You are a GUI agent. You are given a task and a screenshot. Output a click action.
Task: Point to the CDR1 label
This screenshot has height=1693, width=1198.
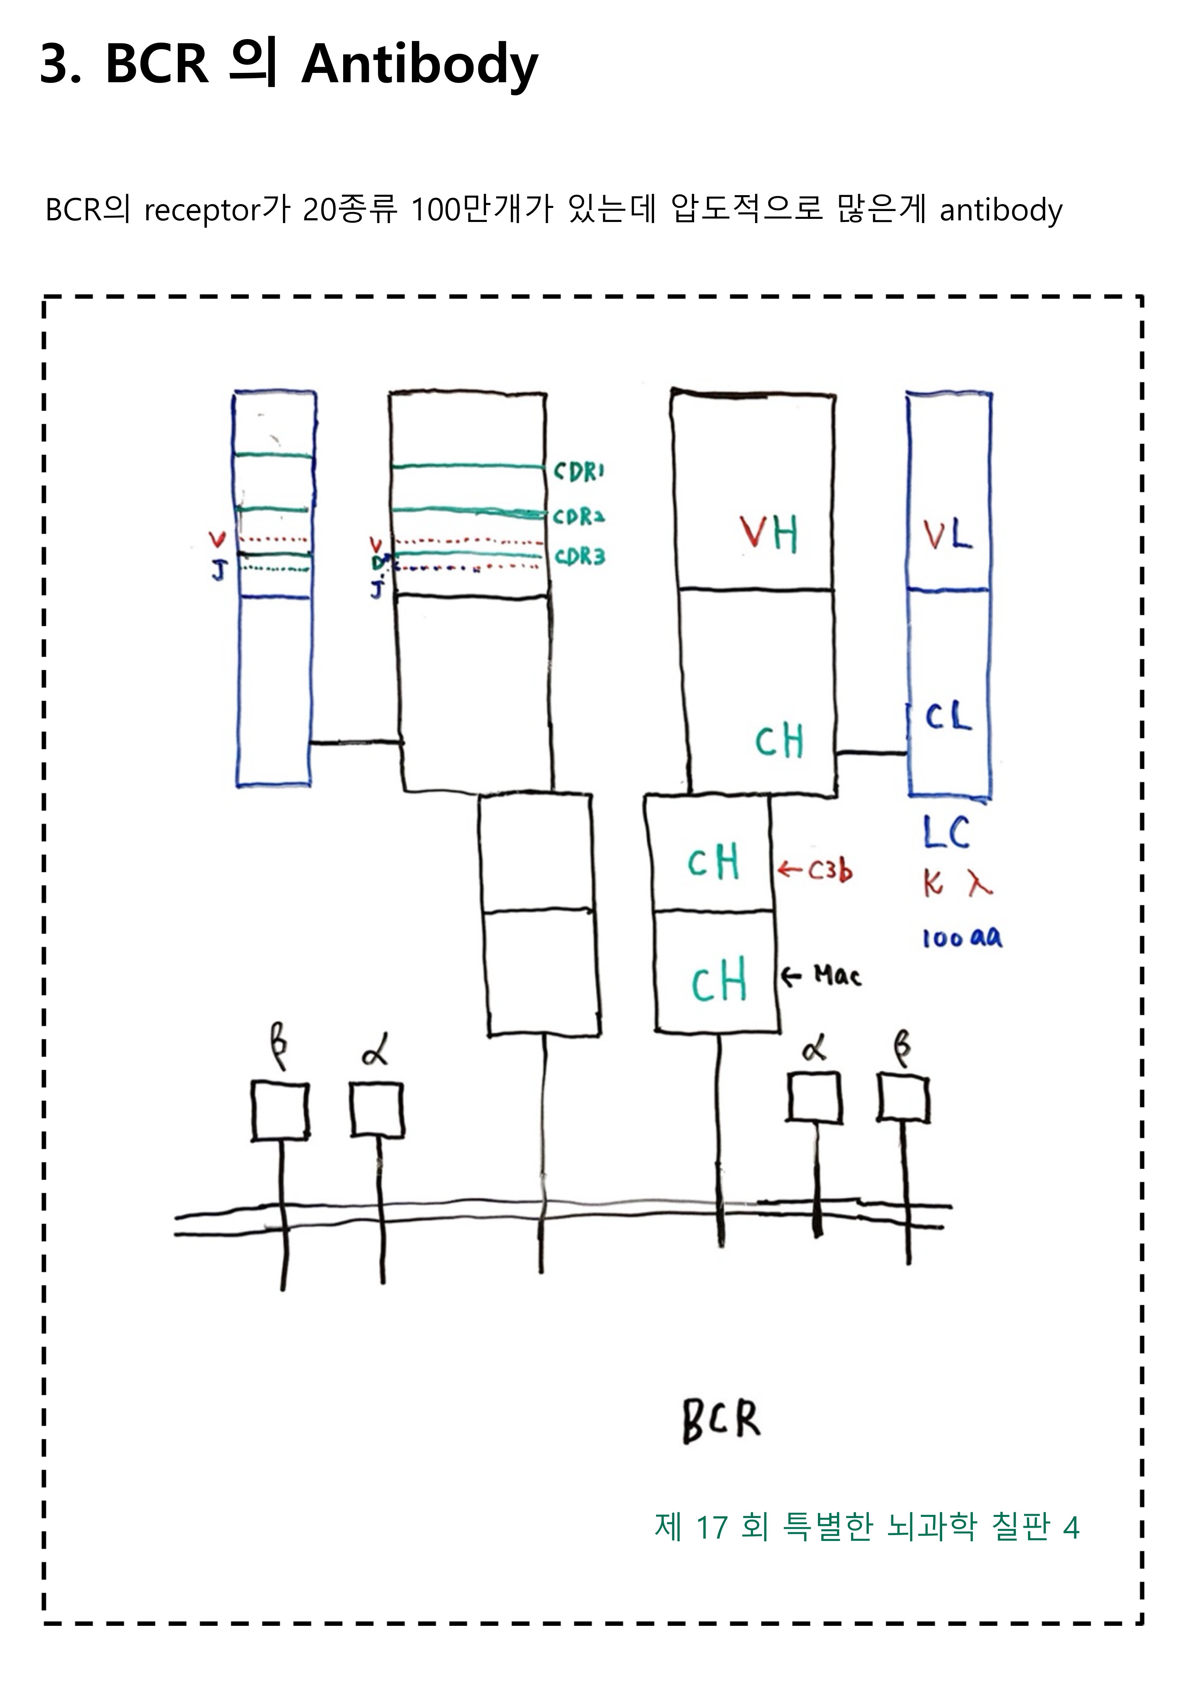(579, 471)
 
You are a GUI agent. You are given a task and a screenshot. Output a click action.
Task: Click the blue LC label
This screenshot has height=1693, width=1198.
(946, 833)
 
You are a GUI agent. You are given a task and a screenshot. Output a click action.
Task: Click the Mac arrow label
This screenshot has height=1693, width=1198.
(821, 976)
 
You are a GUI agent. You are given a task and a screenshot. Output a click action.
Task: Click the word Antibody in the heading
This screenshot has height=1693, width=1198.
(420, 65)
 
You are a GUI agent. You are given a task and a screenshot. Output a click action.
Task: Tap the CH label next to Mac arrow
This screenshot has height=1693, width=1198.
(719, 981)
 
